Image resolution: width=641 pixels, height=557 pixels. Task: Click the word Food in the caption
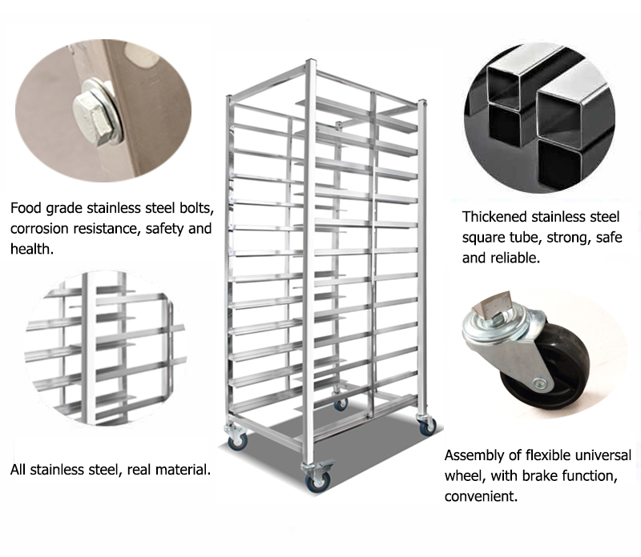pos(26,209)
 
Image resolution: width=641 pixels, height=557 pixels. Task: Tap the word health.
pos(30,249)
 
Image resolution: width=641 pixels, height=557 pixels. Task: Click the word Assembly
pos(474,456)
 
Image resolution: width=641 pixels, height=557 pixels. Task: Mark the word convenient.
pos(480,496)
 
